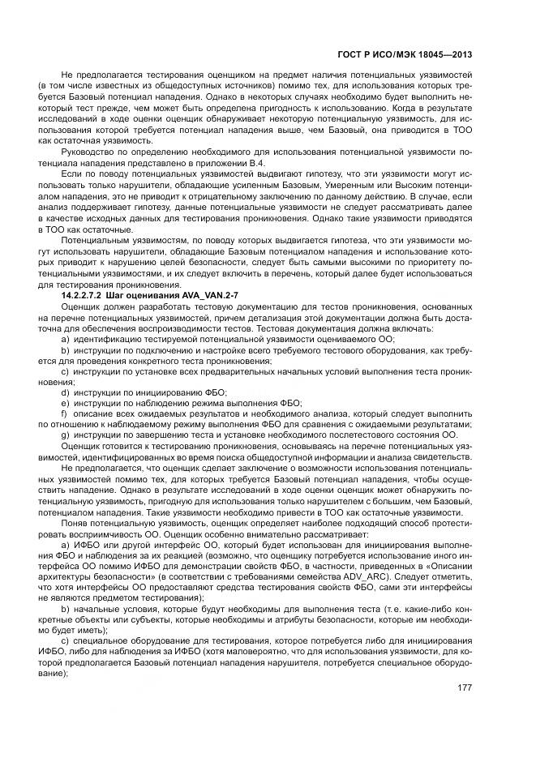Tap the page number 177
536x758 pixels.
465,688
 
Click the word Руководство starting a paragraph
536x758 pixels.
89,151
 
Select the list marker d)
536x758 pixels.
66,392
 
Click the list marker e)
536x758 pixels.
66,402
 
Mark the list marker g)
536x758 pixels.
66,435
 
